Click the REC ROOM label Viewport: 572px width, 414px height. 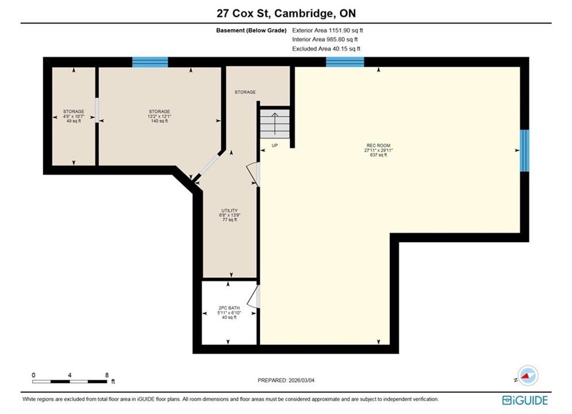coord(378,150)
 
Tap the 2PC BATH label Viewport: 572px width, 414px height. coord(229,313)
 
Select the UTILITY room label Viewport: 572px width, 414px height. coord(229,215)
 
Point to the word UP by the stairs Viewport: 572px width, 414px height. coord(275,145)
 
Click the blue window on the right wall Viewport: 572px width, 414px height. coord(524,150)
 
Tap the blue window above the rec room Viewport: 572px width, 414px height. coord(345,62)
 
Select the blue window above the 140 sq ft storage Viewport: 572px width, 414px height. coord(150,62)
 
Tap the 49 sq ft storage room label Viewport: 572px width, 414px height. coord(74,116)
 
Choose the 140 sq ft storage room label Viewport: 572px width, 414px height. coord(159,116)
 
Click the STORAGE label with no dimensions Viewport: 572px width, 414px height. coord(245,92)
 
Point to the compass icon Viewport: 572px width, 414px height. coord(528,375)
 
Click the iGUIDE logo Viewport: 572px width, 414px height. coord(525,400)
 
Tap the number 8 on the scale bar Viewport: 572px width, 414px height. coord(106,374)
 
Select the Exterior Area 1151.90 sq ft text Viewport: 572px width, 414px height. coord(328,30)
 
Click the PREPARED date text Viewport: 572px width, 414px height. coord(286,380)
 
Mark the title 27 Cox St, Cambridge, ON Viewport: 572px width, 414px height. coord(286,13)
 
